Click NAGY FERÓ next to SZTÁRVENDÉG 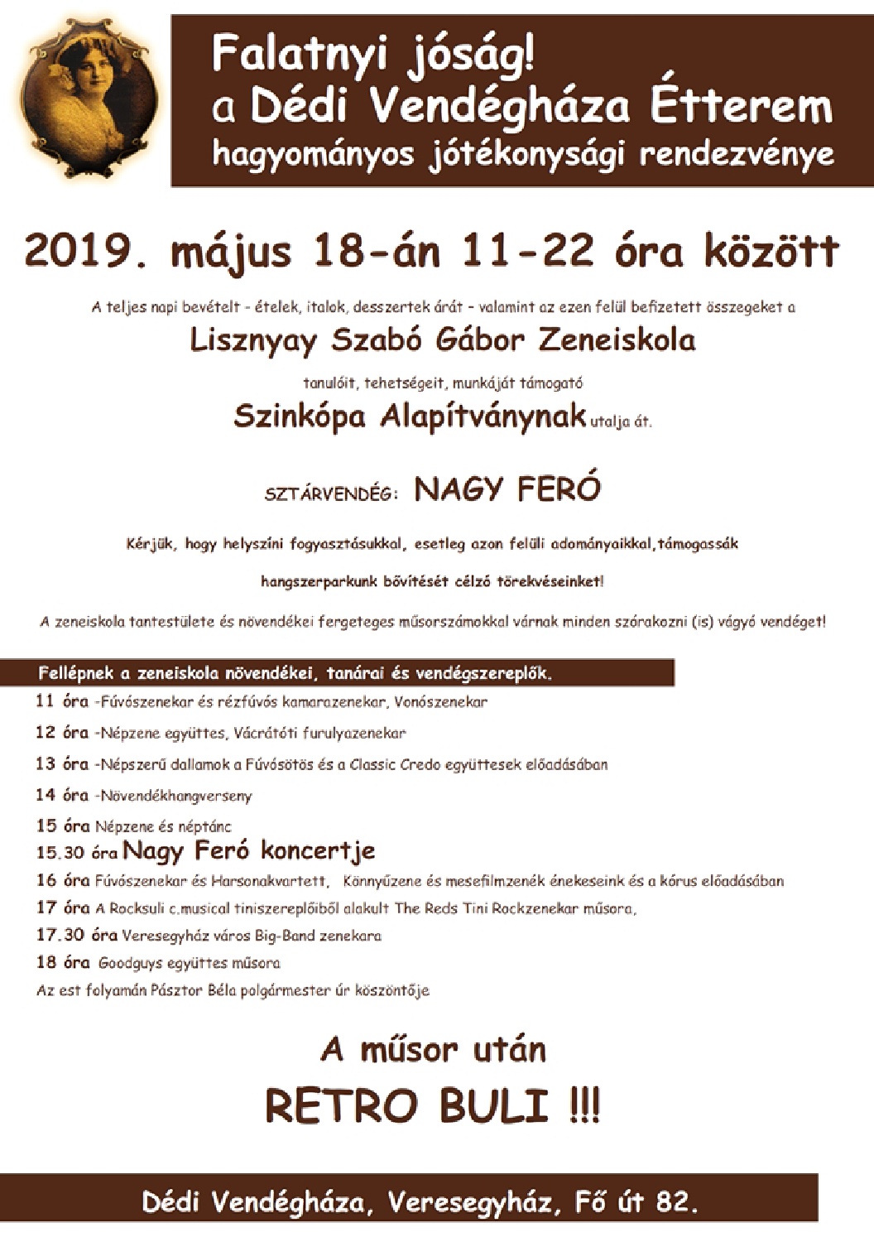pos(507,489)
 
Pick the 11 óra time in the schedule pos(62,701)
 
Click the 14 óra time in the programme pos(62,795)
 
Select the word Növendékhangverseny pos(175,796)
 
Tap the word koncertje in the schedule pos(317,850)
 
